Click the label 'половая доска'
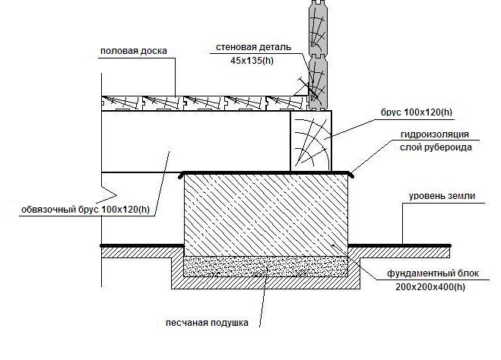pos(133,52)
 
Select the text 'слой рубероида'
pos(430,147)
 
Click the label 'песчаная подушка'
pos(207,323)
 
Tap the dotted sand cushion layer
pos(267,267)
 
